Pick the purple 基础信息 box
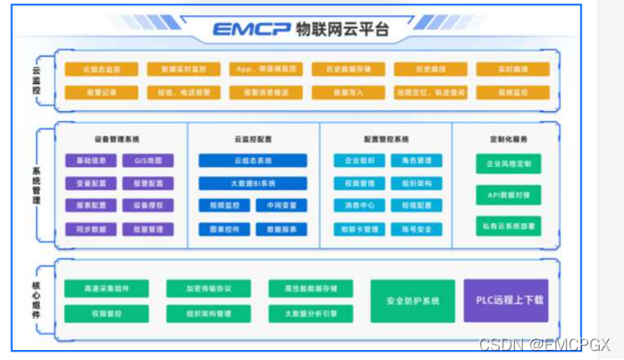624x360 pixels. pyautogui.click(x=91, y=161)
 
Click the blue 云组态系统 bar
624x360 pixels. pyautogui.click(x=252, y=161)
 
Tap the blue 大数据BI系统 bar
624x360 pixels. pyautogui.click(x=252, y=183)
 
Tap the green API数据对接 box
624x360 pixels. pyautogui.click(x=509, y=194)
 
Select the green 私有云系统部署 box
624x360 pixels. pyautogui.click(x=509, y=225)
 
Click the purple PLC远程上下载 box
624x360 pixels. pyautogui.click(x=505, y=300)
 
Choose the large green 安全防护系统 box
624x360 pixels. pyautogui.click(x=412, y=300)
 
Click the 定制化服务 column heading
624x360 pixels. pyautogui.click(x=509, y=139)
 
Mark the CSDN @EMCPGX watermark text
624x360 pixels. pyautogui.click(x=545, y=345)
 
